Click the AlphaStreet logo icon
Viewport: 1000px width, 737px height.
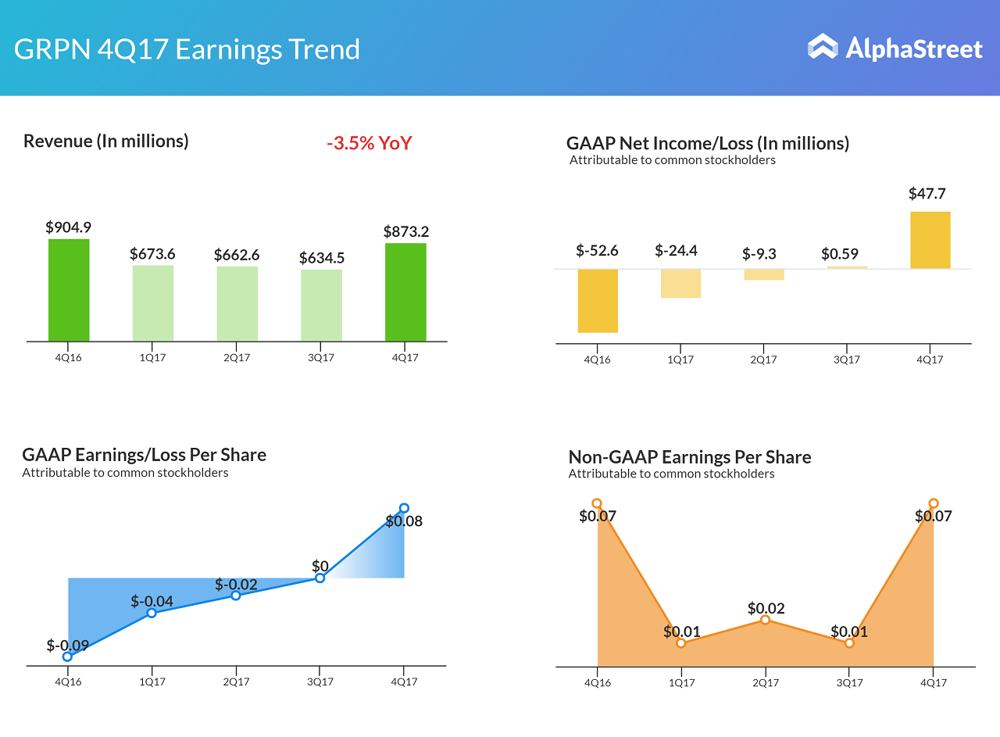[x=822, y=47]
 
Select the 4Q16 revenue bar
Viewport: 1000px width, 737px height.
[x=69, y=290]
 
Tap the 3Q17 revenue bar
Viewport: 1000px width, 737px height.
[x=321, y=306]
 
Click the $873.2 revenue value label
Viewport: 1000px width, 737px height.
[x=405, y=231]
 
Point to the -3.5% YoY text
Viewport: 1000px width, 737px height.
[x=369, y=143]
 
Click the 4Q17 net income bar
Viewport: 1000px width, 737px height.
[x=930, y=240]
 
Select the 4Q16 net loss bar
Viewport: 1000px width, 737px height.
[x=598, y=301]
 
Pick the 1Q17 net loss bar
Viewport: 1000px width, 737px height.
[x=680, y=283]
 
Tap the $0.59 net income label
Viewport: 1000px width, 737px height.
[x=840, y=254]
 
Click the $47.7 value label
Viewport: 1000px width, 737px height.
[x=927, y=194]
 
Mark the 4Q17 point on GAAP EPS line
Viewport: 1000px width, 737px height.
[x=404, y=508]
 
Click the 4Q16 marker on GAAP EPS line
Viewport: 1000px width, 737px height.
[x=68, y=657]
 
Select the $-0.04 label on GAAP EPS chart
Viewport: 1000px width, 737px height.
[x=152, y=601]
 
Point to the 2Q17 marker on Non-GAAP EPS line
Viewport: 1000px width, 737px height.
[x=766, y=620]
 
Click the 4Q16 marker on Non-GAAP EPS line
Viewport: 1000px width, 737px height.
[x=597, y=504]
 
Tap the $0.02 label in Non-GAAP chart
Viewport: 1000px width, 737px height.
[x=766, y=608]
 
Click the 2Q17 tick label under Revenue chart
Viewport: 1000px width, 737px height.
[x=237, y=358]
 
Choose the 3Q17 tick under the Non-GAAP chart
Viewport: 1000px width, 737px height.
[x=849, y=682]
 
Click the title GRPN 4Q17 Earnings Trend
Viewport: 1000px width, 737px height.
[x=187, y=49]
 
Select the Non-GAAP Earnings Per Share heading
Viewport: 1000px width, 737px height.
[x=689, y=457]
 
